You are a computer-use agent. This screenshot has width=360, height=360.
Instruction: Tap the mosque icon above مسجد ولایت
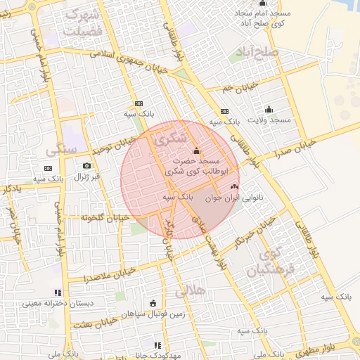[269, 109]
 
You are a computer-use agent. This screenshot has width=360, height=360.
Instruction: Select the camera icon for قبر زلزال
[86, 165]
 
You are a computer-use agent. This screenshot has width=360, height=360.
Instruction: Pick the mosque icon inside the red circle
[195, 150]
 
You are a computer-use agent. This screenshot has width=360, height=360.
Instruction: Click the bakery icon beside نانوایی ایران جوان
[234, 187]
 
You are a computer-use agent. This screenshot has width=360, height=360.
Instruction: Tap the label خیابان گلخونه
[106, 218]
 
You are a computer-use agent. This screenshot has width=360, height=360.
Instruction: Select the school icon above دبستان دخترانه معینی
[58, 292]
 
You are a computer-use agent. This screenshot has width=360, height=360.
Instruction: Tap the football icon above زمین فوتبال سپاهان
[153, 303]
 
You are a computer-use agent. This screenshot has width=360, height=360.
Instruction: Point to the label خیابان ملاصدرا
[89, 273]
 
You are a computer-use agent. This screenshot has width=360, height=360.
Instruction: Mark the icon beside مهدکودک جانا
[157, 345]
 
